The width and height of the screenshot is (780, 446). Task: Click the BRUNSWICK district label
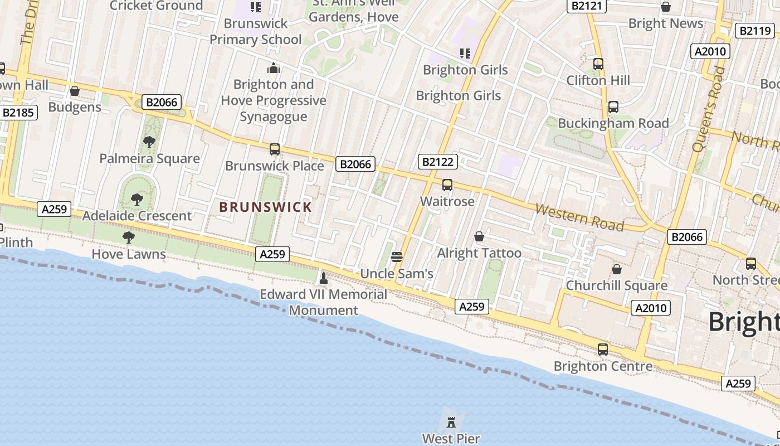click(265, 207)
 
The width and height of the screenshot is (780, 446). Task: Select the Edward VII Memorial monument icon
click(323, 277)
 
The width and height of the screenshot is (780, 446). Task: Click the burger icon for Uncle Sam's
click(397, 257)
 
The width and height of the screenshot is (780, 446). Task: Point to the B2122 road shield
click(438, 162)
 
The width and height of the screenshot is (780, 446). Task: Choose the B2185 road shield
click(18, 113)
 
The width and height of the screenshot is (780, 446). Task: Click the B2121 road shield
click(586, 6)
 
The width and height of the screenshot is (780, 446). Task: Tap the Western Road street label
click(579, 217)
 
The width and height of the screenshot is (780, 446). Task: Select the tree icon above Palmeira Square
click(149, 142)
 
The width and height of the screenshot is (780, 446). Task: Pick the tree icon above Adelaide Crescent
click(136, 199)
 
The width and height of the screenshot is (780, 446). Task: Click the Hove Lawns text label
click(129, 254)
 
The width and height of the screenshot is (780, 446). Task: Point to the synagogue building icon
click(274, 69)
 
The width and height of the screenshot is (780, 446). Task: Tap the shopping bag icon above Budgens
click(75, 91)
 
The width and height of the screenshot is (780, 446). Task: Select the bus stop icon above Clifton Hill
click(598, 64)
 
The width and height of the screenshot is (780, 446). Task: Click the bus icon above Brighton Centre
click(603, 350)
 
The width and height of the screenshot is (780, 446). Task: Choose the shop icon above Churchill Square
click(617, 269)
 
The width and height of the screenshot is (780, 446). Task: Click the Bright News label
click(666, 23)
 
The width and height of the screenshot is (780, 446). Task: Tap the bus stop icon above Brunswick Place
click(275, 149)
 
